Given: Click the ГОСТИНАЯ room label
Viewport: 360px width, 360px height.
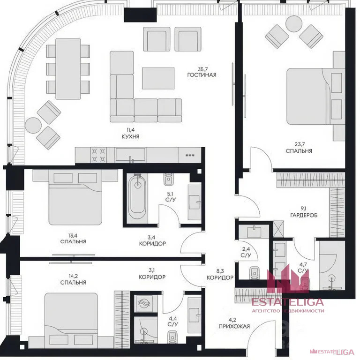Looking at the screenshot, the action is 202,75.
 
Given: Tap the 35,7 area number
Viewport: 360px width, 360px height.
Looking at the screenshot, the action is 202,68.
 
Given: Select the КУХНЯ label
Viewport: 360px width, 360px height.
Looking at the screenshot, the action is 130,136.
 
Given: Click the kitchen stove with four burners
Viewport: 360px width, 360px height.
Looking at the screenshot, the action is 98,155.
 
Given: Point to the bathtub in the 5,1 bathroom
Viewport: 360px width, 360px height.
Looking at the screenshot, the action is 137,197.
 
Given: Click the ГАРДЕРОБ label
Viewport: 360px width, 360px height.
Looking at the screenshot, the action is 304,215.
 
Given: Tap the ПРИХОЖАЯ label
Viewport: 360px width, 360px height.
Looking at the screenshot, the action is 234,326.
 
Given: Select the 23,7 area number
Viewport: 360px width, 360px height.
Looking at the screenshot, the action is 299,144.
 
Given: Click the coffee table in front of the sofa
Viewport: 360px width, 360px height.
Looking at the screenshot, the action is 158,78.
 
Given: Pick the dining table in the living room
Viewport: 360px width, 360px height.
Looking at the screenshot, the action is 68,69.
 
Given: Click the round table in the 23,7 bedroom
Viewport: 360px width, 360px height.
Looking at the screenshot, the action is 293,23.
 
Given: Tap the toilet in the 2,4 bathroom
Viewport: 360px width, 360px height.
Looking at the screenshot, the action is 254,273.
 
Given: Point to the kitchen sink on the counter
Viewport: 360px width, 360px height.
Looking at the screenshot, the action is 130,155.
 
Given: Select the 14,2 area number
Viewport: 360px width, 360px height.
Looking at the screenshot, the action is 73,276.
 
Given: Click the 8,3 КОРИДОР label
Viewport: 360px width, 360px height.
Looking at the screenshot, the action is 220,274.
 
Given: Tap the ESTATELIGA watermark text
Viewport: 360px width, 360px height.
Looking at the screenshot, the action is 288,302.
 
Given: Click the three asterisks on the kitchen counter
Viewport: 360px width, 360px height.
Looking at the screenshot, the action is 190,156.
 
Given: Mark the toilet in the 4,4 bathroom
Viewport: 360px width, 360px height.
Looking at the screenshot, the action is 172,337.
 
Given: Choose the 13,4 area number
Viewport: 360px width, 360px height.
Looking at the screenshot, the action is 73,235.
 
